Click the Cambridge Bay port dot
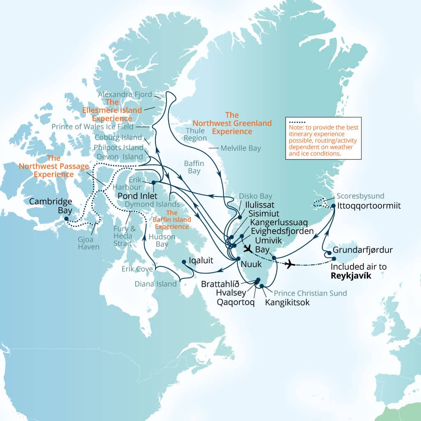click(67, 219)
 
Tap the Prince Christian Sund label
click(310, 293)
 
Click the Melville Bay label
click(241, 148)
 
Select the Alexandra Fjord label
click(125, 94)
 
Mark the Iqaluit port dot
click(184, 261)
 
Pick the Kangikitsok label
click(287, 303)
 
